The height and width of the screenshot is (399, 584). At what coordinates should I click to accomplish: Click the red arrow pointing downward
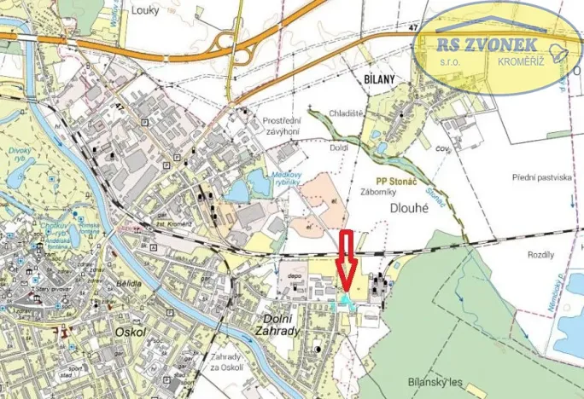(345, 261)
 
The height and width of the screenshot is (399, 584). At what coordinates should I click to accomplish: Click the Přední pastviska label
(542, 177)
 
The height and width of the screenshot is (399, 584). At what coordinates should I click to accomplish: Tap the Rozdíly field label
(541, 254)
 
